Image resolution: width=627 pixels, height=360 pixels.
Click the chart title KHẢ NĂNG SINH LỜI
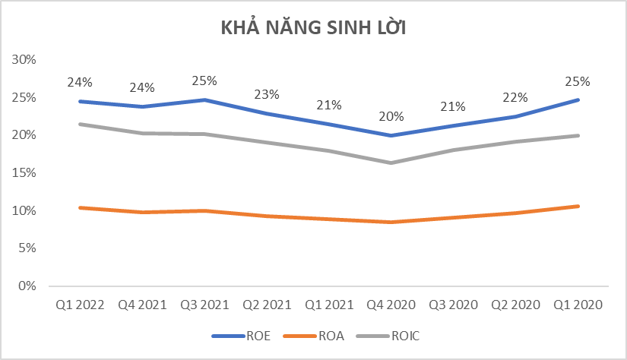tap(314, 28)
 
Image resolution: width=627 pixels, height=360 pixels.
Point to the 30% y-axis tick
tap(26, 60)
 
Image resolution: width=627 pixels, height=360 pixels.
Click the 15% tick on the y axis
tap(26, 173)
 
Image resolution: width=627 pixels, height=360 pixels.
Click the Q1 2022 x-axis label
tap(80, 305)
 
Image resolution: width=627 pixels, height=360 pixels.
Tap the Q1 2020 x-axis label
tap(579, 305)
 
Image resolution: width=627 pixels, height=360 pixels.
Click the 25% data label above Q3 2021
tap(204, 81)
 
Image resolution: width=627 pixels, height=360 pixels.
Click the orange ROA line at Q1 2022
tap(80, 207)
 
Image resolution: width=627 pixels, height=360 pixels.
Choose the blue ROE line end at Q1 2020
tap(579, 99)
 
